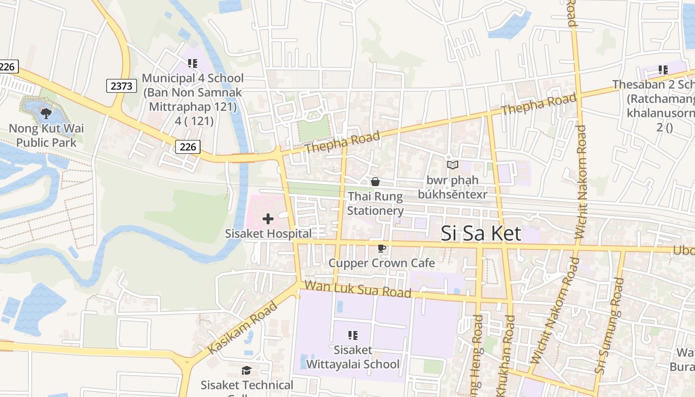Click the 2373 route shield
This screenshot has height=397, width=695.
tap(122, 86)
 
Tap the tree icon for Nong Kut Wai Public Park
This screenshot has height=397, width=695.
tap(46, 114)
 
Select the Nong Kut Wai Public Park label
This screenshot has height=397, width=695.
tap(46, 135)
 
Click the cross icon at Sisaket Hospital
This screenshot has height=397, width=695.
tap(268, 219)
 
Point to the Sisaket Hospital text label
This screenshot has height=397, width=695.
tap(268, 233)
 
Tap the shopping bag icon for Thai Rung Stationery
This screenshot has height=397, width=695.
tap(375, 182)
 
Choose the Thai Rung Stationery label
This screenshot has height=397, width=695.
tap(375, 203)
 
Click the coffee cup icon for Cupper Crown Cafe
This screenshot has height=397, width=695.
tap(381, 249)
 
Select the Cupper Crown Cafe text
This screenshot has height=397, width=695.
tap(381, 263)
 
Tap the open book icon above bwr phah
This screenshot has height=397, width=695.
tap(452, 165)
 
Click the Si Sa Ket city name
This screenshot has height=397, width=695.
tap(481, 233)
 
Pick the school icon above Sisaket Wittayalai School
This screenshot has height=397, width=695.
tap(353, 335)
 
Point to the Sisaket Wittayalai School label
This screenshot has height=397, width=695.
tap(353, 357)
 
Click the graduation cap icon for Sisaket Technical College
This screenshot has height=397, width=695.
tap(246, 371)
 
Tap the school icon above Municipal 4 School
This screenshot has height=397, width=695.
tap(193, 64)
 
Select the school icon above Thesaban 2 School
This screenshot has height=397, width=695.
tap(663, 70)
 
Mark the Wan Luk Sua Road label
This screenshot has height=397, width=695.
tap(358, 289)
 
